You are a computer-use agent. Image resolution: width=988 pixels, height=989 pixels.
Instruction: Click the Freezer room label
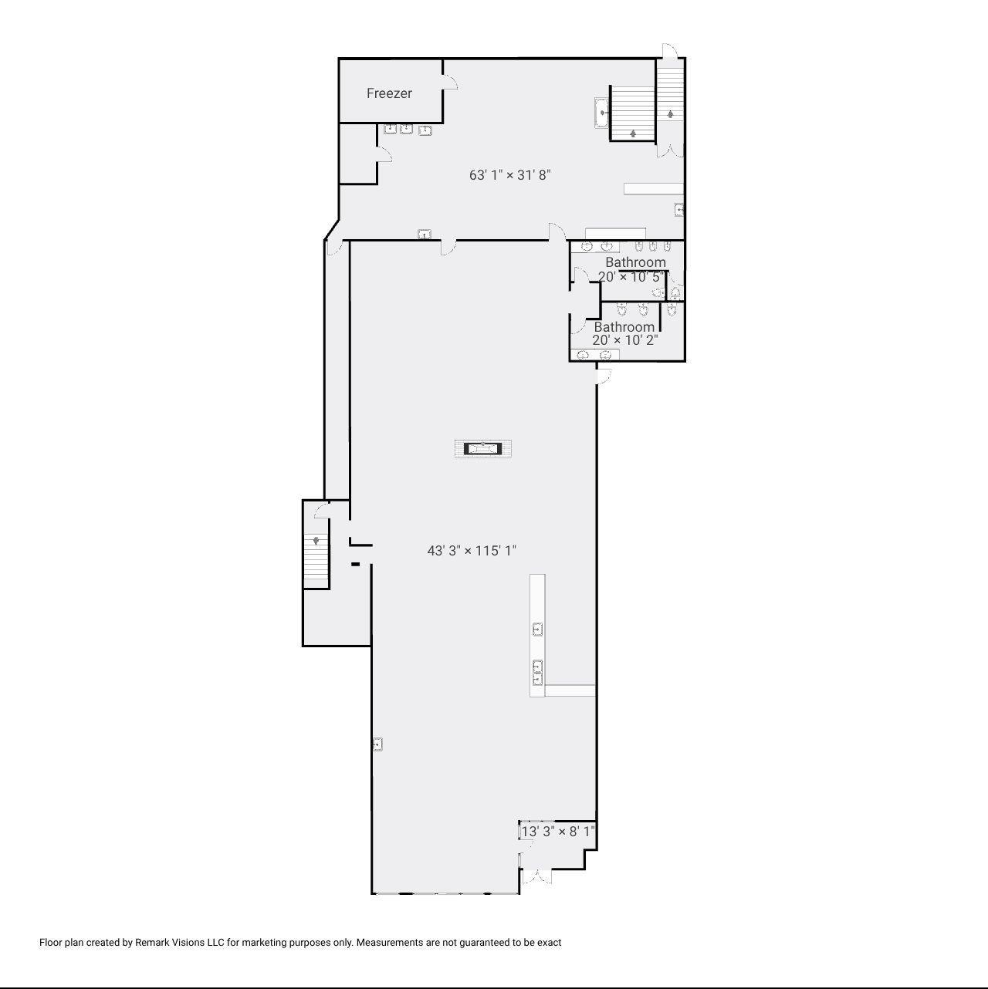click(x=389, y=93)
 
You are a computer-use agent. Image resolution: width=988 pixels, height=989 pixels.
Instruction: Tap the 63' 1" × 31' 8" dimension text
click(x=509, y=175)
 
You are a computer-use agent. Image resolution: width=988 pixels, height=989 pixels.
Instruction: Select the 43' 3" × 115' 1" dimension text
click(x=472, y=551)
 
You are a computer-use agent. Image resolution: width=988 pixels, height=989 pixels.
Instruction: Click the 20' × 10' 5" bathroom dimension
click(x=631, y=276)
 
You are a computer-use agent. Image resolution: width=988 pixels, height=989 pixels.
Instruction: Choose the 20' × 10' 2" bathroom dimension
click(x=625, y=339)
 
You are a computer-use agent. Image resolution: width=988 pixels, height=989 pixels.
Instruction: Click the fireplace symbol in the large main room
click(x=482, y=448)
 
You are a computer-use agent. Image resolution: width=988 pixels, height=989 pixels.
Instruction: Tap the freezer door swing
click(x=450, y=82)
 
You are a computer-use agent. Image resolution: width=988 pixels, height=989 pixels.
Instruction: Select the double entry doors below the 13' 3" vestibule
click(x=536, y=876)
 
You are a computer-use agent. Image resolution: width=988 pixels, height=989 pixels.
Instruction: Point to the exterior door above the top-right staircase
click(x=669, y=51)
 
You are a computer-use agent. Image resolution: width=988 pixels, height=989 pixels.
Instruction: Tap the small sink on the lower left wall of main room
click(x=377, y=744)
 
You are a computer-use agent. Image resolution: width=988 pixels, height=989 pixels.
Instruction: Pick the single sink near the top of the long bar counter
click(x=538, y=629)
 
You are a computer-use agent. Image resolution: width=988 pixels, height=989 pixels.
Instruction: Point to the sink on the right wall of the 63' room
click(x=679, y=209)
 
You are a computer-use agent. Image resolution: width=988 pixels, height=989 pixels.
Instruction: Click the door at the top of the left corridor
click(x=334, y=247)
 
